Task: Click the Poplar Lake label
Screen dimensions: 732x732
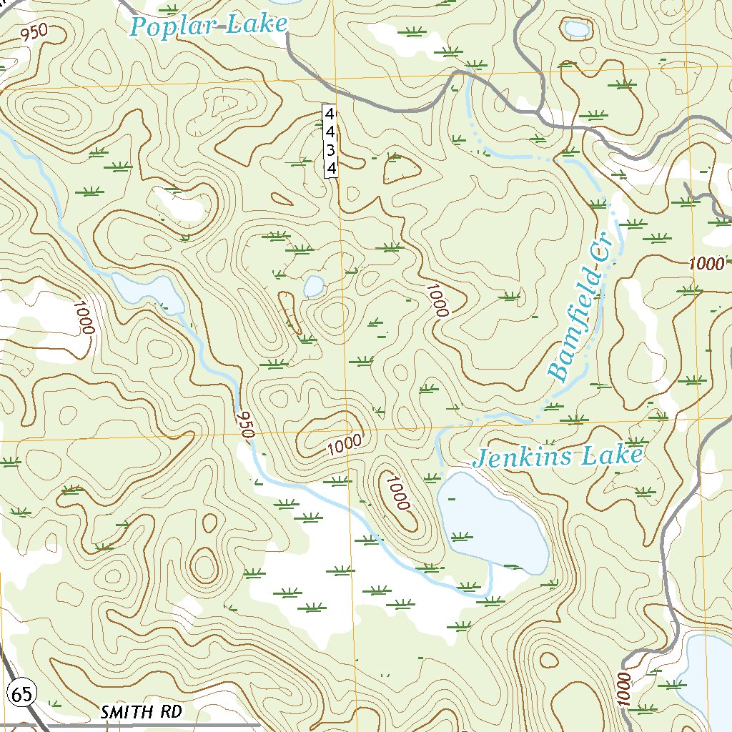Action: pyautogui.click(x=208, y=26)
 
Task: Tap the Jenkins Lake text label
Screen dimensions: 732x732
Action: pyautogui.click(x=558, y=456)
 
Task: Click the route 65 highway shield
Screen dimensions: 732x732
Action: pyautogui.click(x=21, y=692)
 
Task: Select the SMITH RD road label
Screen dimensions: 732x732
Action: pyautogui.click(x=142, y=712)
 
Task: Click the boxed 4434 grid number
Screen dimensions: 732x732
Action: pyautogui.click(x=330, y=140)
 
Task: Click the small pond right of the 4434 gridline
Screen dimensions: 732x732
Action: pyautogui.click(x=313, y=287)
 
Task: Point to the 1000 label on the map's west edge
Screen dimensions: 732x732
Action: pyautogui.click(x=84, y=319)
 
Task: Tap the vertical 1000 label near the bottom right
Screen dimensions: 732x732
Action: pyautogui.click(x=622, y=688)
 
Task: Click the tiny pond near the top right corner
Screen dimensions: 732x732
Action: pyautogui.click(x=577, y=29)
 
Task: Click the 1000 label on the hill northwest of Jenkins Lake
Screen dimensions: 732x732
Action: pyautogui.click(x=396, y=493)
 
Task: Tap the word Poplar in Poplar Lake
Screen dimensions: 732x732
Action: pyautogui.click(x=174, y=26)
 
